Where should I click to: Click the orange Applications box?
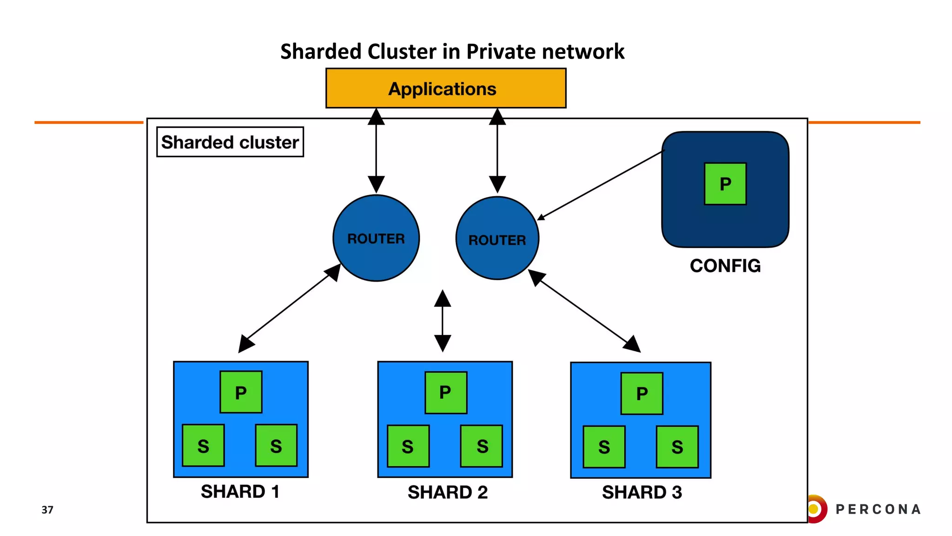445,88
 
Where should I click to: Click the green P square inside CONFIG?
725,184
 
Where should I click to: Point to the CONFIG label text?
725,266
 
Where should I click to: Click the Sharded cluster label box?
230,142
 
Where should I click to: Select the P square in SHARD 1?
240,392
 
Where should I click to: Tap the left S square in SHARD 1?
203,446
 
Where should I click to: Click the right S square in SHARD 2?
482,446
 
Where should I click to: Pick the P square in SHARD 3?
641,394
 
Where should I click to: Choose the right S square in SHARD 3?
677,447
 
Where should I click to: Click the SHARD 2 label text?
447,492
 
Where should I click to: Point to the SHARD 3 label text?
641,492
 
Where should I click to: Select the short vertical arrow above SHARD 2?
443,321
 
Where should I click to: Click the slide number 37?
47,509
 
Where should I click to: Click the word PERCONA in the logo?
878,509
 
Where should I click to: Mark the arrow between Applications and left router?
376,151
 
